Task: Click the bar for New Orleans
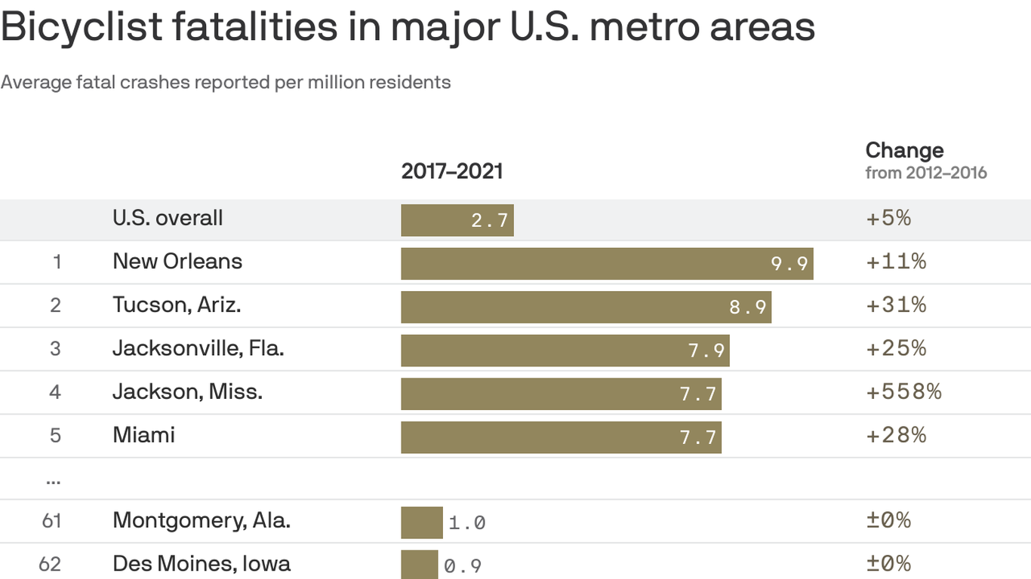tap(606, 263)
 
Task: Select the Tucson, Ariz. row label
tap(177, 305)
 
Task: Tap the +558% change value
tap(903, 392)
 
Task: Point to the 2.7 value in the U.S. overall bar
tap(490, 221)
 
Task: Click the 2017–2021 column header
tap(451, 171)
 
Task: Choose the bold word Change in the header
tap(904, 150)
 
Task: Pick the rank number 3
tap(55, 348)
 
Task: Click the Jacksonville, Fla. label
tap(198, 348)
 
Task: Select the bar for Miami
tap(561, 437)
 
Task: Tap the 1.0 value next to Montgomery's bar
tap(466, 522)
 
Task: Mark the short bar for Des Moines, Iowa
tap(419, 565)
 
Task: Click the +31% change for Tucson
tap(896, 305)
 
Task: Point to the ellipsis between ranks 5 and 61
tap(53, 479)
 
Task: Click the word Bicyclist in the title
tap(82, 26)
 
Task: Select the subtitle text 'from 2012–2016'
tap(925, 173)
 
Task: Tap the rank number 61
tap(51, 521)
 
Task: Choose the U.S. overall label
tap(168, 219)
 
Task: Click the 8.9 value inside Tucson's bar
tap(747, 308)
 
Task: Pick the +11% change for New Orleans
tap(896, 262)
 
